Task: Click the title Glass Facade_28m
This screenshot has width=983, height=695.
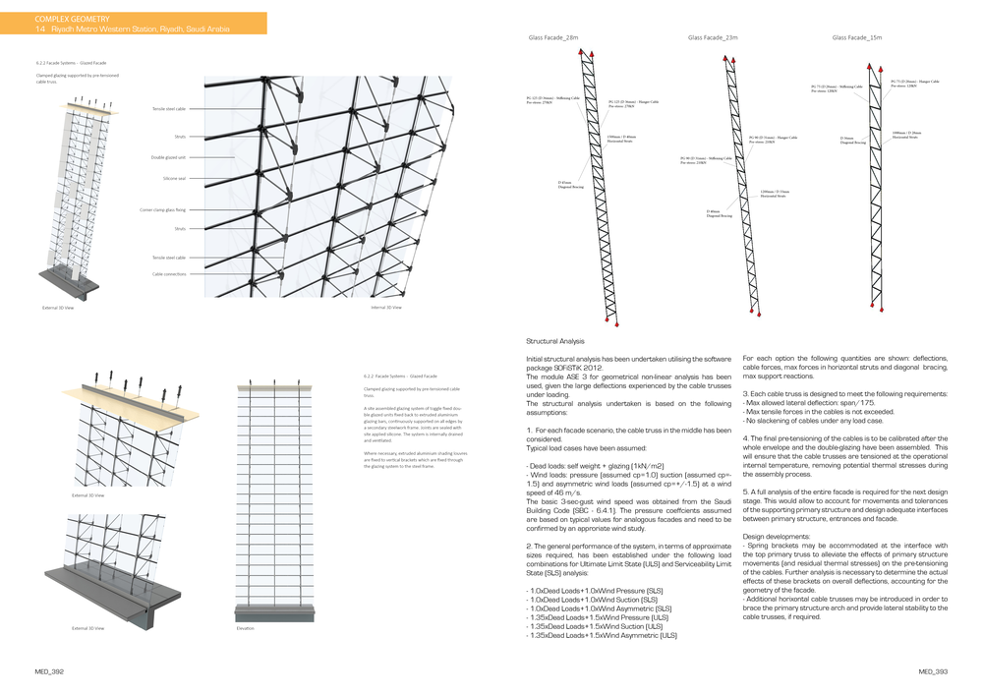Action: [x=552, y=37]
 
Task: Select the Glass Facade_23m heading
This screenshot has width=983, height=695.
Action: [x=713, y=37]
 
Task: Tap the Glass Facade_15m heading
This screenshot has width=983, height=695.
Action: [x=856, y=37]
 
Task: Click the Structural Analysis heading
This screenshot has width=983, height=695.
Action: [x=555, y=341]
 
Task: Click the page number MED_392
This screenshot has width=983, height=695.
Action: [x=50, y=672]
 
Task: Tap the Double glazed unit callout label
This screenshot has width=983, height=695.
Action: [x=168, y=157]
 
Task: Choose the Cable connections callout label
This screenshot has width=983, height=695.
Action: [x=169, y=274]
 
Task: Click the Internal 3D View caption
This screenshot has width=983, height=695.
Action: [x=384, y=308]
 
